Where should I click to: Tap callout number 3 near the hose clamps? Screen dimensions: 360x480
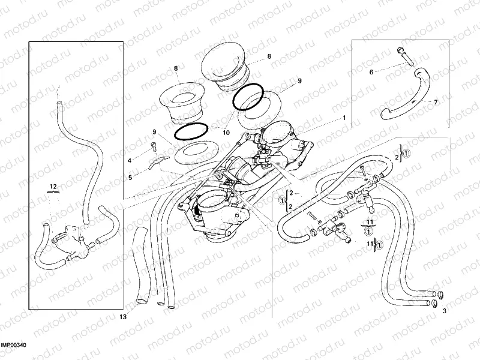coord(444,311)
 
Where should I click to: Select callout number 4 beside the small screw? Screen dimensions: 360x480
coord(129,160)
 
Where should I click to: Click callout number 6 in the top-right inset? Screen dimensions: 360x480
coord(371,72)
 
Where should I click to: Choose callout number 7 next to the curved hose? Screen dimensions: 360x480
coord(435,103)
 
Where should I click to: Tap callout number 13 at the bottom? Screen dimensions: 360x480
coord(122,316)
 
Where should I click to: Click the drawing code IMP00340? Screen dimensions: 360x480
coord(13,345)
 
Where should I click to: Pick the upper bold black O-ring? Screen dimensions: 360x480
coord(248,97)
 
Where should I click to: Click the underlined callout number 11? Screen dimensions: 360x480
coord(369,222)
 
